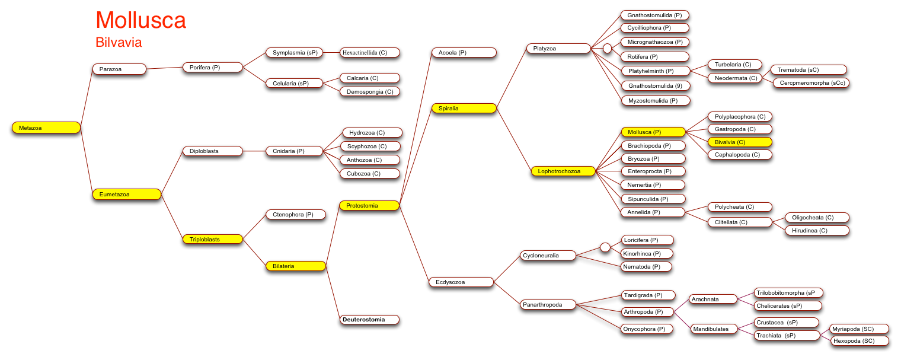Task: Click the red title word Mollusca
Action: point(141,20)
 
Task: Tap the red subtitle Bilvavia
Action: point(119,42)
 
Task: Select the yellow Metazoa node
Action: point(46,128)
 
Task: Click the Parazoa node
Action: point(119,69)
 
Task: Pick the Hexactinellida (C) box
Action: point(370,53)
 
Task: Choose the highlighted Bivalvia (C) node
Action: point(740,142)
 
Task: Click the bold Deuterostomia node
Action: point(369,320)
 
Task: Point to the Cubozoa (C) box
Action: point(370,174)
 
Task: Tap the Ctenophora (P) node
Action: point(296,214)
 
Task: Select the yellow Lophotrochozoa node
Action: point(563,171)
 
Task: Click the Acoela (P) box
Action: point(464,53)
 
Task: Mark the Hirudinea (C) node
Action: point(817,231)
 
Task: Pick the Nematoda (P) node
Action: point(646,267)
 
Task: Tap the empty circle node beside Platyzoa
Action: point(608,49)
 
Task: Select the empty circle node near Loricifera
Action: point(605,247)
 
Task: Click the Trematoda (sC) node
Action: point(809,70)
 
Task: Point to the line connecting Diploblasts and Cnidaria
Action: point(254,151)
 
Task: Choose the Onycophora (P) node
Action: point(647,329)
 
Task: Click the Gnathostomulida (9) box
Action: point(656,85)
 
